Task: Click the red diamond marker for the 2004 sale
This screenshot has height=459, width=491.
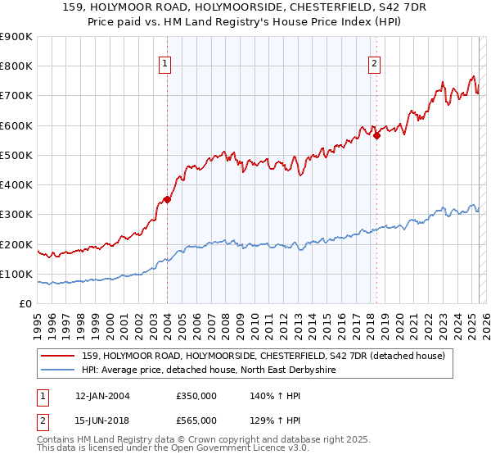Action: click(x=167, y=198)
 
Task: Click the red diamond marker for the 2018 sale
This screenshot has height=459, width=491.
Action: click(x=376, y=136)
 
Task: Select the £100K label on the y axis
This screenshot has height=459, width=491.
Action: click(x=16, y=274)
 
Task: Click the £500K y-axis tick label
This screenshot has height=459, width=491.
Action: click(x=16, y=155)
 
